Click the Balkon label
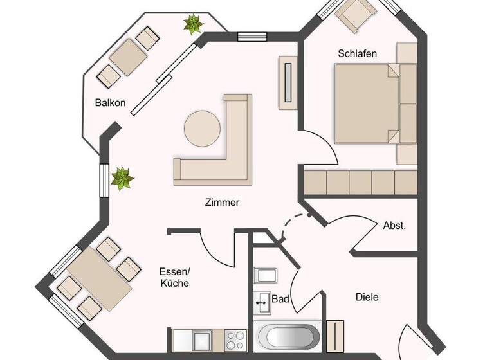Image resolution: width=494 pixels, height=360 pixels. (110, 102)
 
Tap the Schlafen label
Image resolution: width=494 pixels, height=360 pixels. (357, 53)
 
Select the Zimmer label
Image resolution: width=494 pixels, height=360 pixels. (223, 202)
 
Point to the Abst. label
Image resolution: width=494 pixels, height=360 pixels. (394, 226)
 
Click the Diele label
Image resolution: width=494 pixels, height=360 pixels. (367, 297)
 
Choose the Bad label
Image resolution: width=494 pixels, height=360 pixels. (280, 299)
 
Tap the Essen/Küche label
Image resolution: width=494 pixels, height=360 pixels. (174, 277)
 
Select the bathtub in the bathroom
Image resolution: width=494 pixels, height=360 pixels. (287, 336)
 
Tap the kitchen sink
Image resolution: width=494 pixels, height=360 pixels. (201, 339)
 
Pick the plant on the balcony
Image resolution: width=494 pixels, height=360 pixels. (192, 24)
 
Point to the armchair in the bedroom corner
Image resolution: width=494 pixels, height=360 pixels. (358, 14)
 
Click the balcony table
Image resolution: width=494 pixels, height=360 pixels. (129, 57)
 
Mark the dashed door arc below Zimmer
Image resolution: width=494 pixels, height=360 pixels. (288, 226)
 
